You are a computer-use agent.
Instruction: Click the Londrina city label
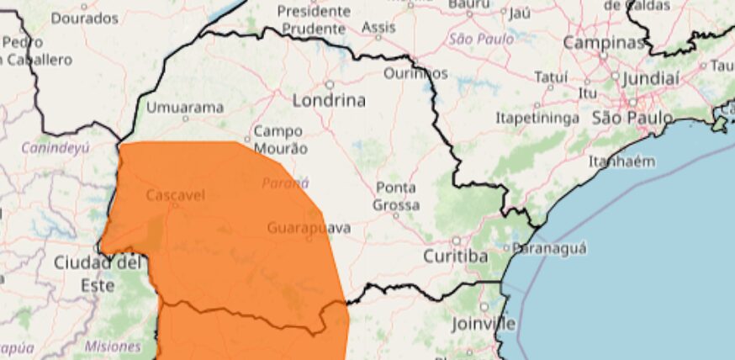point(329,100)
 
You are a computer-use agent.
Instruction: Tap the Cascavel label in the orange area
point(175,195)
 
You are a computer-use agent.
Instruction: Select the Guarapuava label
point(309,228)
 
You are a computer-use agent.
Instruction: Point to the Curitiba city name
point(455,256)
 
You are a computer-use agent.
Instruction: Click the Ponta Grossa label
point(395,195)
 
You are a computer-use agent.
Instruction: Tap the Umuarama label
point(185,108)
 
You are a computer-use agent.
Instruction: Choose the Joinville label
point(483,323)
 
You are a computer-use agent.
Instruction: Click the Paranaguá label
point(549,248)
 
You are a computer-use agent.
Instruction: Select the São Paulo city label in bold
point(632,117)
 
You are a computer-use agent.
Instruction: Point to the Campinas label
point(602,42)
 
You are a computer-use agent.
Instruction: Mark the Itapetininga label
point(537,118)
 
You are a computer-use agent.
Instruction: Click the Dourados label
point(84,18)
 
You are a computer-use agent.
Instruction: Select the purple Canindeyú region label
point(56,149)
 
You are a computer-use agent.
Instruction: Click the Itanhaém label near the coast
point(621,161)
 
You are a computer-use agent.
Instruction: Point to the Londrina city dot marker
point(330,84)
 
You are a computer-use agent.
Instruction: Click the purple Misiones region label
point(113,347)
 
